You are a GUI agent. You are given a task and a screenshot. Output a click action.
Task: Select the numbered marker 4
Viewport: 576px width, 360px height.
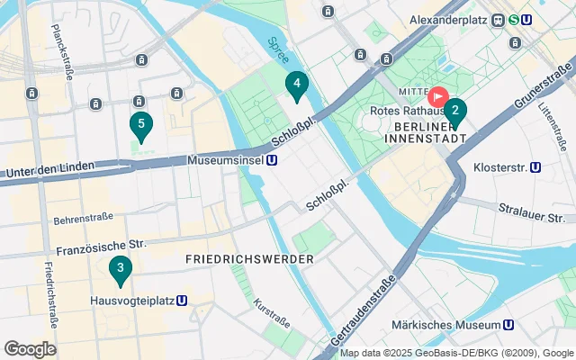pos(296,85)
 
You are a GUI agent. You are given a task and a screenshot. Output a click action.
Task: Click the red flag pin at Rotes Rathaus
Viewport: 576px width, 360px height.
pos(438,95)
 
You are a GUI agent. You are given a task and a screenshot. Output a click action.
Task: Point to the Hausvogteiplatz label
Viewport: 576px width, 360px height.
pos(132,301)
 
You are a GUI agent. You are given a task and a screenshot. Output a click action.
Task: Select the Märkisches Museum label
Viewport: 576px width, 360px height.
pos(446,324)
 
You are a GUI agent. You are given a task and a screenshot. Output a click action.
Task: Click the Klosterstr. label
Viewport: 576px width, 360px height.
pos(499,166)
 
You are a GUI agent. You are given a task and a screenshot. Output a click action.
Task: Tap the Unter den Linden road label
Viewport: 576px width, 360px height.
pos(50,171)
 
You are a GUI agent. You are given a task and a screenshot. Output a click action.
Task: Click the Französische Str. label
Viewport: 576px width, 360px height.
pos(100,244)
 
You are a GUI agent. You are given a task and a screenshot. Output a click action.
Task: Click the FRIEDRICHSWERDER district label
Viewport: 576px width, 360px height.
pos(249,259)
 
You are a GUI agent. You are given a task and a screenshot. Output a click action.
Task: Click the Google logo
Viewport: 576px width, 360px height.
pos(30,349)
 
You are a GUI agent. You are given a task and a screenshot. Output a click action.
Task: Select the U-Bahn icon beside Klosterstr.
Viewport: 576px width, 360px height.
pos(535,166)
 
